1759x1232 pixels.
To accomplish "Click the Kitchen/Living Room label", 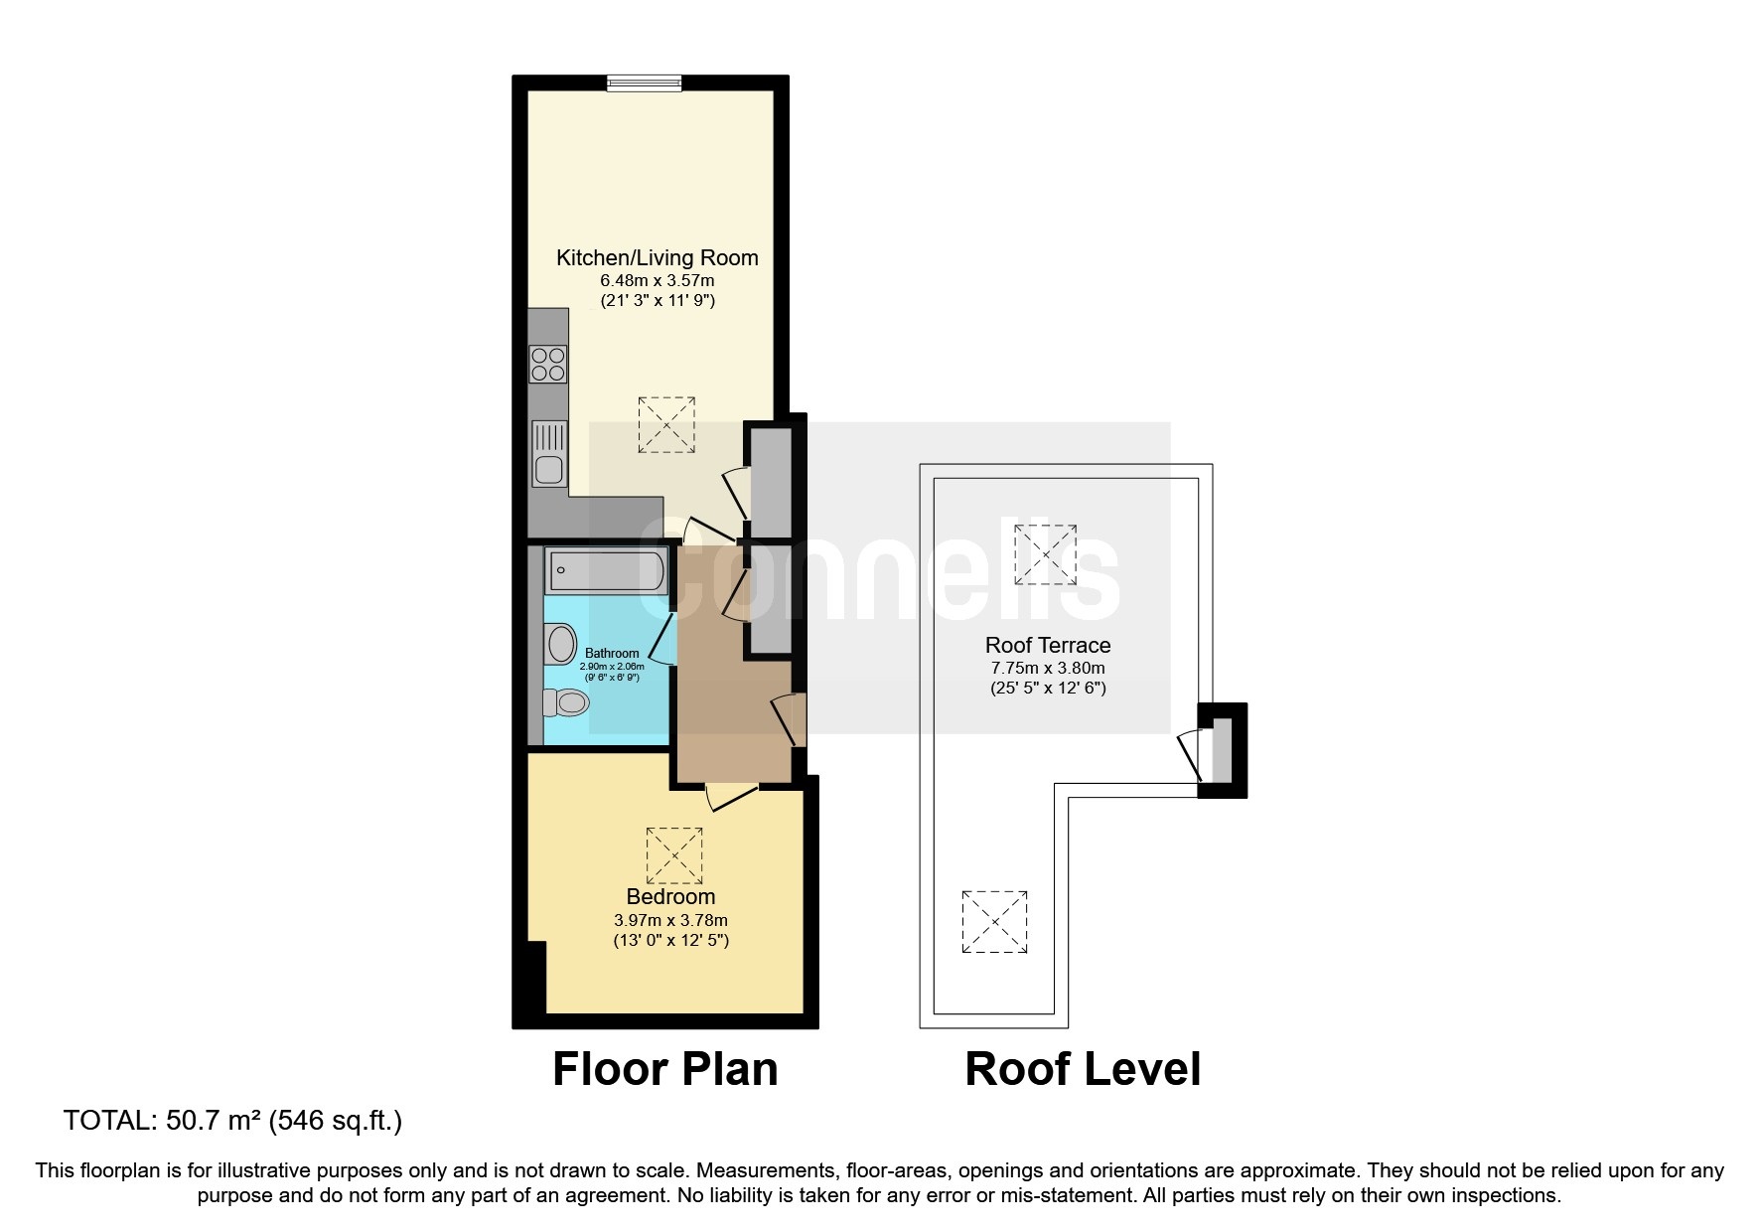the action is tap(657, 257).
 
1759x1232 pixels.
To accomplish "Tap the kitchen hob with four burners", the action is tap(548, 364).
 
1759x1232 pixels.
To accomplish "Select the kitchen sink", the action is tap(549, 453).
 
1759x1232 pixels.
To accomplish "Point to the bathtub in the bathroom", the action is tap(606, 571).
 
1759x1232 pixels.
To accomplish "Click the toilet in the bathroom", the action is tap(566, 703).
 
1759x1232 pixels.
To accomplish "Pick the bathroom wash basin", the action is tap(560, 643).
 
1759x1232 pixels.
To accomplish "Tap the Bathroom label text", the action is tap(612, 654).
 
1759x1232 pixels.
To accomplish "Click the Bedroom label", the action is tap(670, 896).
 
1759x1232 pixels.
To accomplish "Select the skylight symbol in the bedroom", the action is tap(674, 854).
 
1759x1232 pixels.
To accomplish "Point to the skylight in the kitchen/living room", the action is tap(666, 425).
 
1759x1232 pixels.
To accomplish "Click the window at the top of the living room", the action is tap(644, 83).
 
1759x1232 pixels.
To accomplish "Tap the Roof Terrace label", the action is tap(1048, 645).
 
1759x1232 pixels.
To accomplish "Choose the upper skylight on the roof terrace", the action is tap(1045, 554).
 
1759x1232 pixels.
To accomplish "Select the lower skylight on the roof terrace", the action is tap(994, 921).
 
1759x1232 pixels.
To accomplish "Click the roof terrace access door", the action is tap(1191, 755).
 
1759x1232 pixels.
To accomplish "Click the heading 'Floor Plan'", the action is tap(664, 1069).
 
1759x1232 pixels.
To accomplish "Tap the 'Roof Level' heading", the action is tap(1083, 1069).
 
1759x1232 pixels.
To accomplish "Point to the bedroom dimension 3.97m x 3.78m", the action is tap(670, 920).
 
